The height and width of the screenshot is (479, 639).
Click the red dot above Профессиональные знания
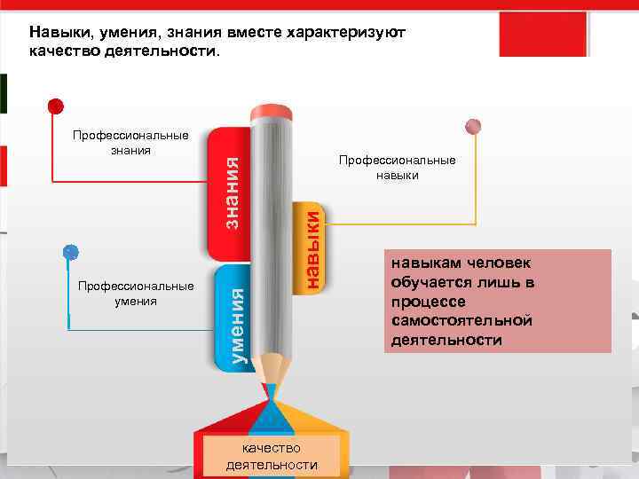pos(56,106)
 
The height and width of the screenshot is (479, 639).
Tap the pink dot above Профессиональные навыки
pos(474,126)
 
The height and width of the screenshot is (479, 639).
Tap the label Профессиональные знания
pos(130,143)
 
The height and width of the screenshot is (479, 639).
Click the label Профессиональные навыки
pos(397,168)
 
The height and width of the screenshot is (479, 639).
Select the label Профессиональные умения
pos(136,294)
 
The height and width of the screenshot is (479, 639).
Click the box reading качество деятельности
pos(272,457)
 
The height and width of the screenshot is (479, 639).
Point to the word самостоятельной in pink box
pos(461,320)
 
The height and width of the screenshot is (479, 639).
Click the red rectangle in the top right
pos(543,34)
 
